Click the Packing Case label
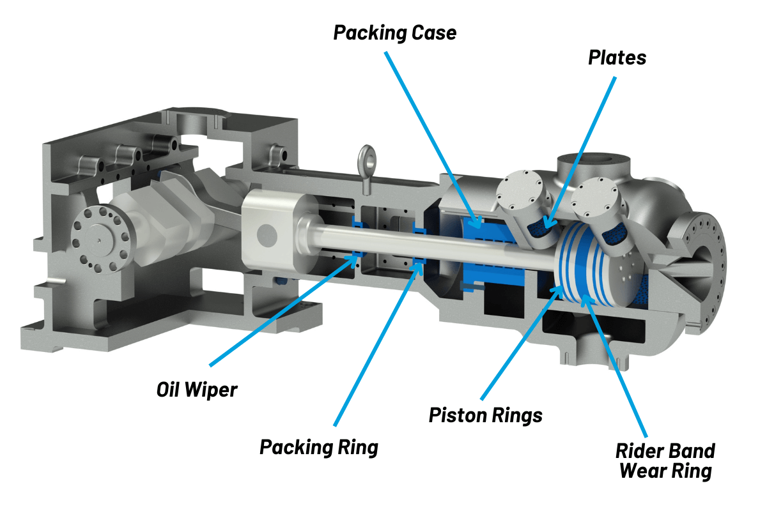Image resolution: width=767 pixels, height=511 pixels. click(x=395, y=33)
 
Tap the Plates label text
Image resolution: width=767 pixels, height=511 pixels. click(x=617, y=57)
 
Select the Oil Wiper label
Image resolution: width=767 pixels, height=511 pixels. click(x=197, y=389)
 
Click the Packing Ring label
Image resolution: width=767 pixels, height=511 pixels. click(x=319, y=446)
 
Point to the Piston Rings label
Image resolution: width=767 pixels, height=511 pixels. click(x=485, y=415)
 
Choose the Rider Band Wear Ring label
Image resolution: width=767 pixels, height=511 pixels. click(x=665, y=461)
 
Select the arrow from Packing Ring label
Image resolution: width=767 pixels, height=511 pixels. click(x=376, y=344)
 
